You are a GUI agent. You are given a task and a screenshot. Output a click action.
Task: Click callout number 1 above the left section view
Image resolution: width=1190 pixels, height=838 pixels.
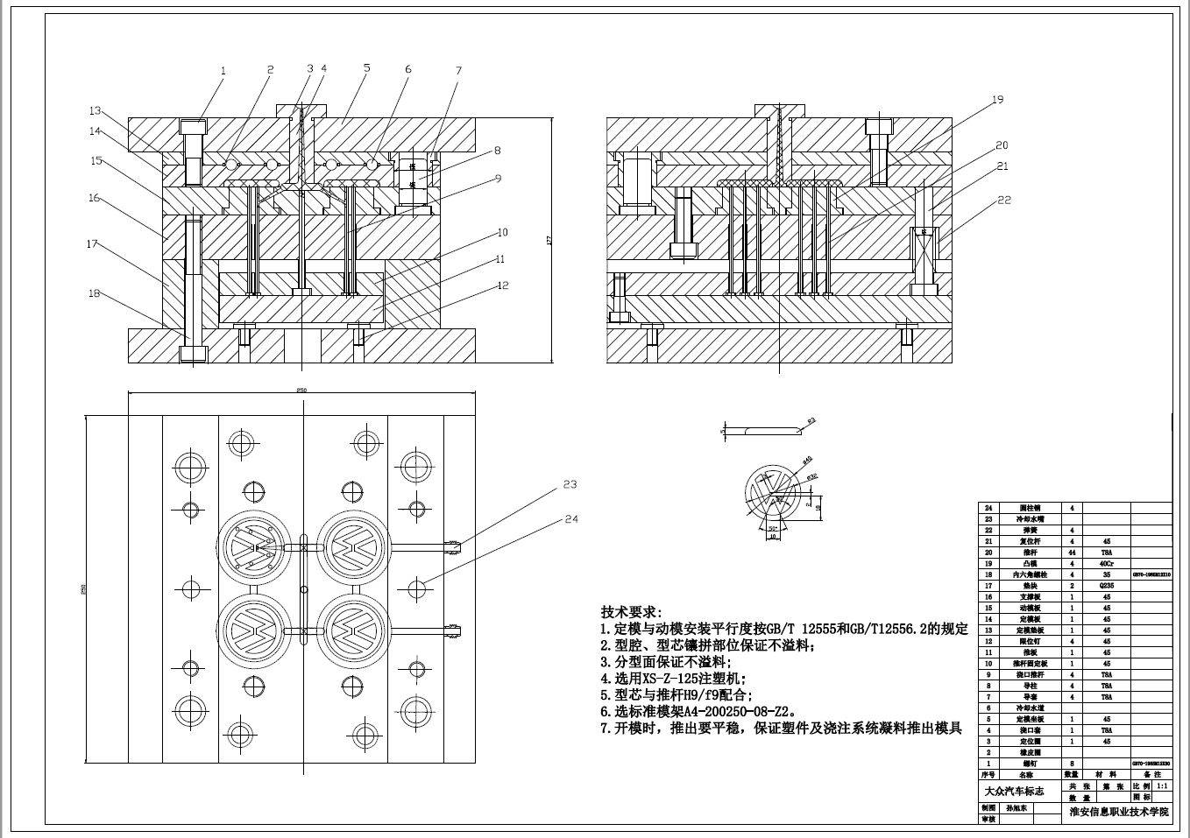(x=223, y=70)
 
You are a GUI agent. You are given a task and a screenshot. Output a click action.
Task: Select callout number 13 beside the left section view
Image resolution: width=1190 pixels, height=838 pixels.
(x=95, y=111)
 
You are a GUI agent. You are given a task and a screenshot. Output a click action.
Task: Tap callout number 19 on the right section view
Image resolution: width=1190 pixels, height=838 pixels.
(x=997, y=100)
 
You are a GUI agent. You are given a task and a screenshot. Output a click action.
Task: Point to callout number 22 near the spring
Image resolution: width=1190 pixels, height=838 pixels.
(x=1004, y=200)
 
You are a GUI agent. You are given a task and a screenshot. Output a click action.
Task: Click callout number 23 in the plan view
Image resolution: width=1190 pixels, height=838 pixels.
(x=570, y=483)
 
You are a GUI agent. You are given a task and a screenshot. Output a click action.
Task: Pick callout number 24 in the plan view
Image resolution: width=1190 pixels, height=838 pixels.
(x=571, y=519)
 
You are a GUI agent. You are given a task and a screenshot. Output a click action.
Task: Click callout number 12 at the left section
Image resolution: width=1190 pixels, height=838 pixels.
(x=502, y=285)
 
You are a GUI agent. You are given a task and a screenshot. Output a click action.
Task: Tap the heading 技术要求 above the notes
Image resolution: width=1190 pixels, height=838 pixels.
(x=631, y=612)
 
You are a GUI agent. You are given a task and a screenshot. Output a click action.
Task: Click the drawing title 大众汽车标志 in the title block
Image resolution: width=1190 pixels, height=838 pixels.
(x=1016, y=792)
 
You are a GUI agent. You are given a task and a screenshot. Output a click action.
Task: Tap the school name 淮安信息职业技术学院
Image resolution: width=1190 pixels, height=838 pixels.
(x=1119, y=813)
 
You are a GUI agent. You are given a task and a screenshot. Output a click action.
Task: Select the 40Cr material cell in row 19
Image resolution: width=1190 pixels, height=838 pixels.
(x=1107, y=564)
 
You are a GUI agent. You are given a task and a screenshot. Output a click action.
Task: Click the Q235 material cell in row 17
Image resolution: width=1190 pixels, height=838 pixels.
(x=1107, y=586)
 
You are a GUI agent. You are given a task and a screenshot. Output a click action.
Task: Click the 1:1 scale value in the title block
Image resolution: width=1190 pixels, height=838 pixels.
(x=1162, y=786)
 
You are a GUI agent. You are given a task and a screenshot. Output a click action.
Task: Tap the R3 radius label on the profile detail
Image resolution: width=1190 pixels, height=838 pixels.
(x=811, y=420)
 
